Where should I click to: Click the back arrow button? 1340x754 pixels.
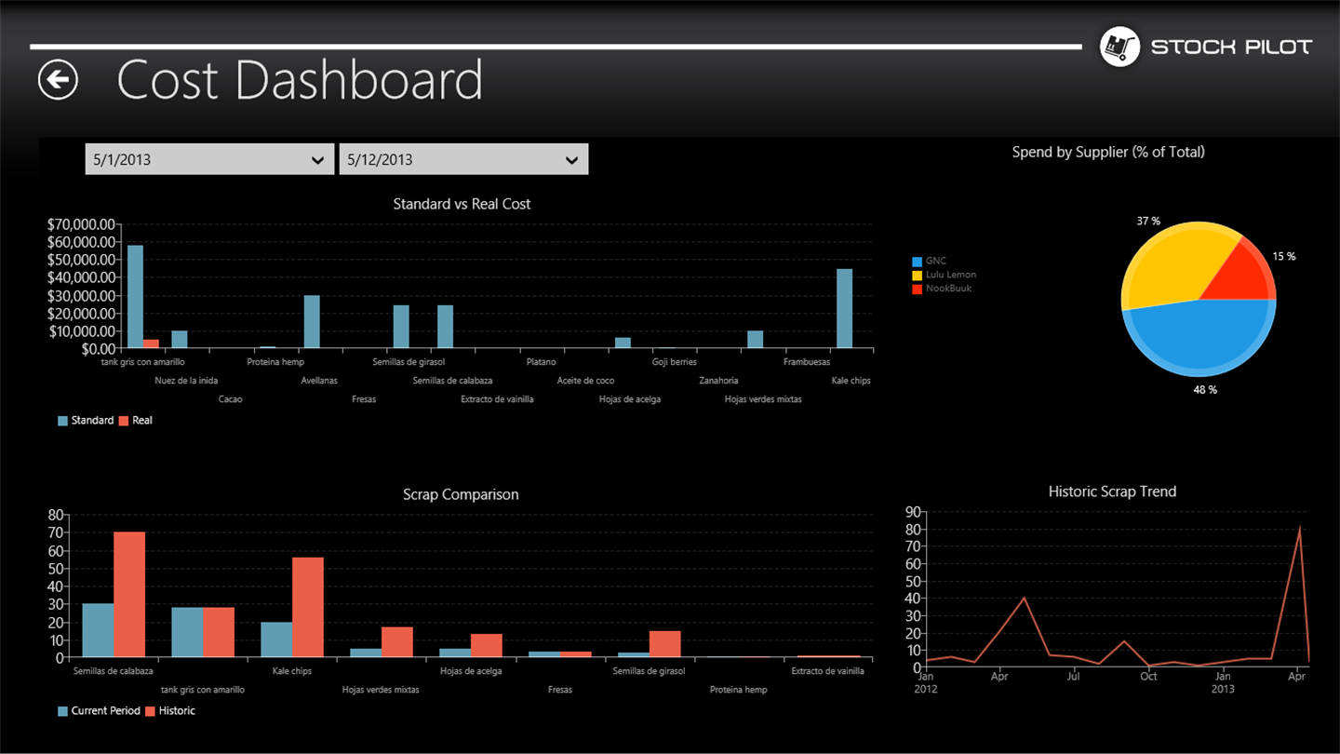[x=58, y=80]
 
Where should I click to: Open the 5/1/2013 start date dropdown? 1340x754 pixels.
[x=209, y=159]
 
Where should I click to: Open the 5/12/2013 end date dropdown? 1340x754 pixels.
[x=463, y=159]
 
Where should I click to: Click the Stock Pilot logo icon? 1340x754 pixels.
[x=1119, y=47]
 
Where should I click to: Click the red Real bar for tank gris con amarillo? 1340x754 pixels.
[x=151, y=343]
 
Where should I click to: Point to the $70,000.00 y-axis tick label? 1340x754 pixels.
[x=81, y=224]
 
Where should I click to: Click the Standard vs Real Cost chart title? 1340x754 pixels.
[x=462, y=204]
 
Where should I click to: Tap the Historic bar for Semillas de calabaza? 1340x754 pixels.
[x=129, y=594]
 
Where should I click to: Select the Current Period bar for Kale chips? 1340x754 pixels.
[x=276, y=640]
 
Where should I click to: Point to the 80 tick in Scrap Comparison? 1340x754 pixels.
[x=56, y=515]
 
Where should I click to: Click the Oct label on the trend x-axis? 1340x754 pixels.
[x=1148, y=676]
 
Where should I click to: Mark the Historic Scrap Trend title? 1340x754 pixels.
[x=1112, y=491]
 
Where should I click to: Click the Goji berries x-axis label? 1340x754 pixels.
[x=674, y=362]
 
